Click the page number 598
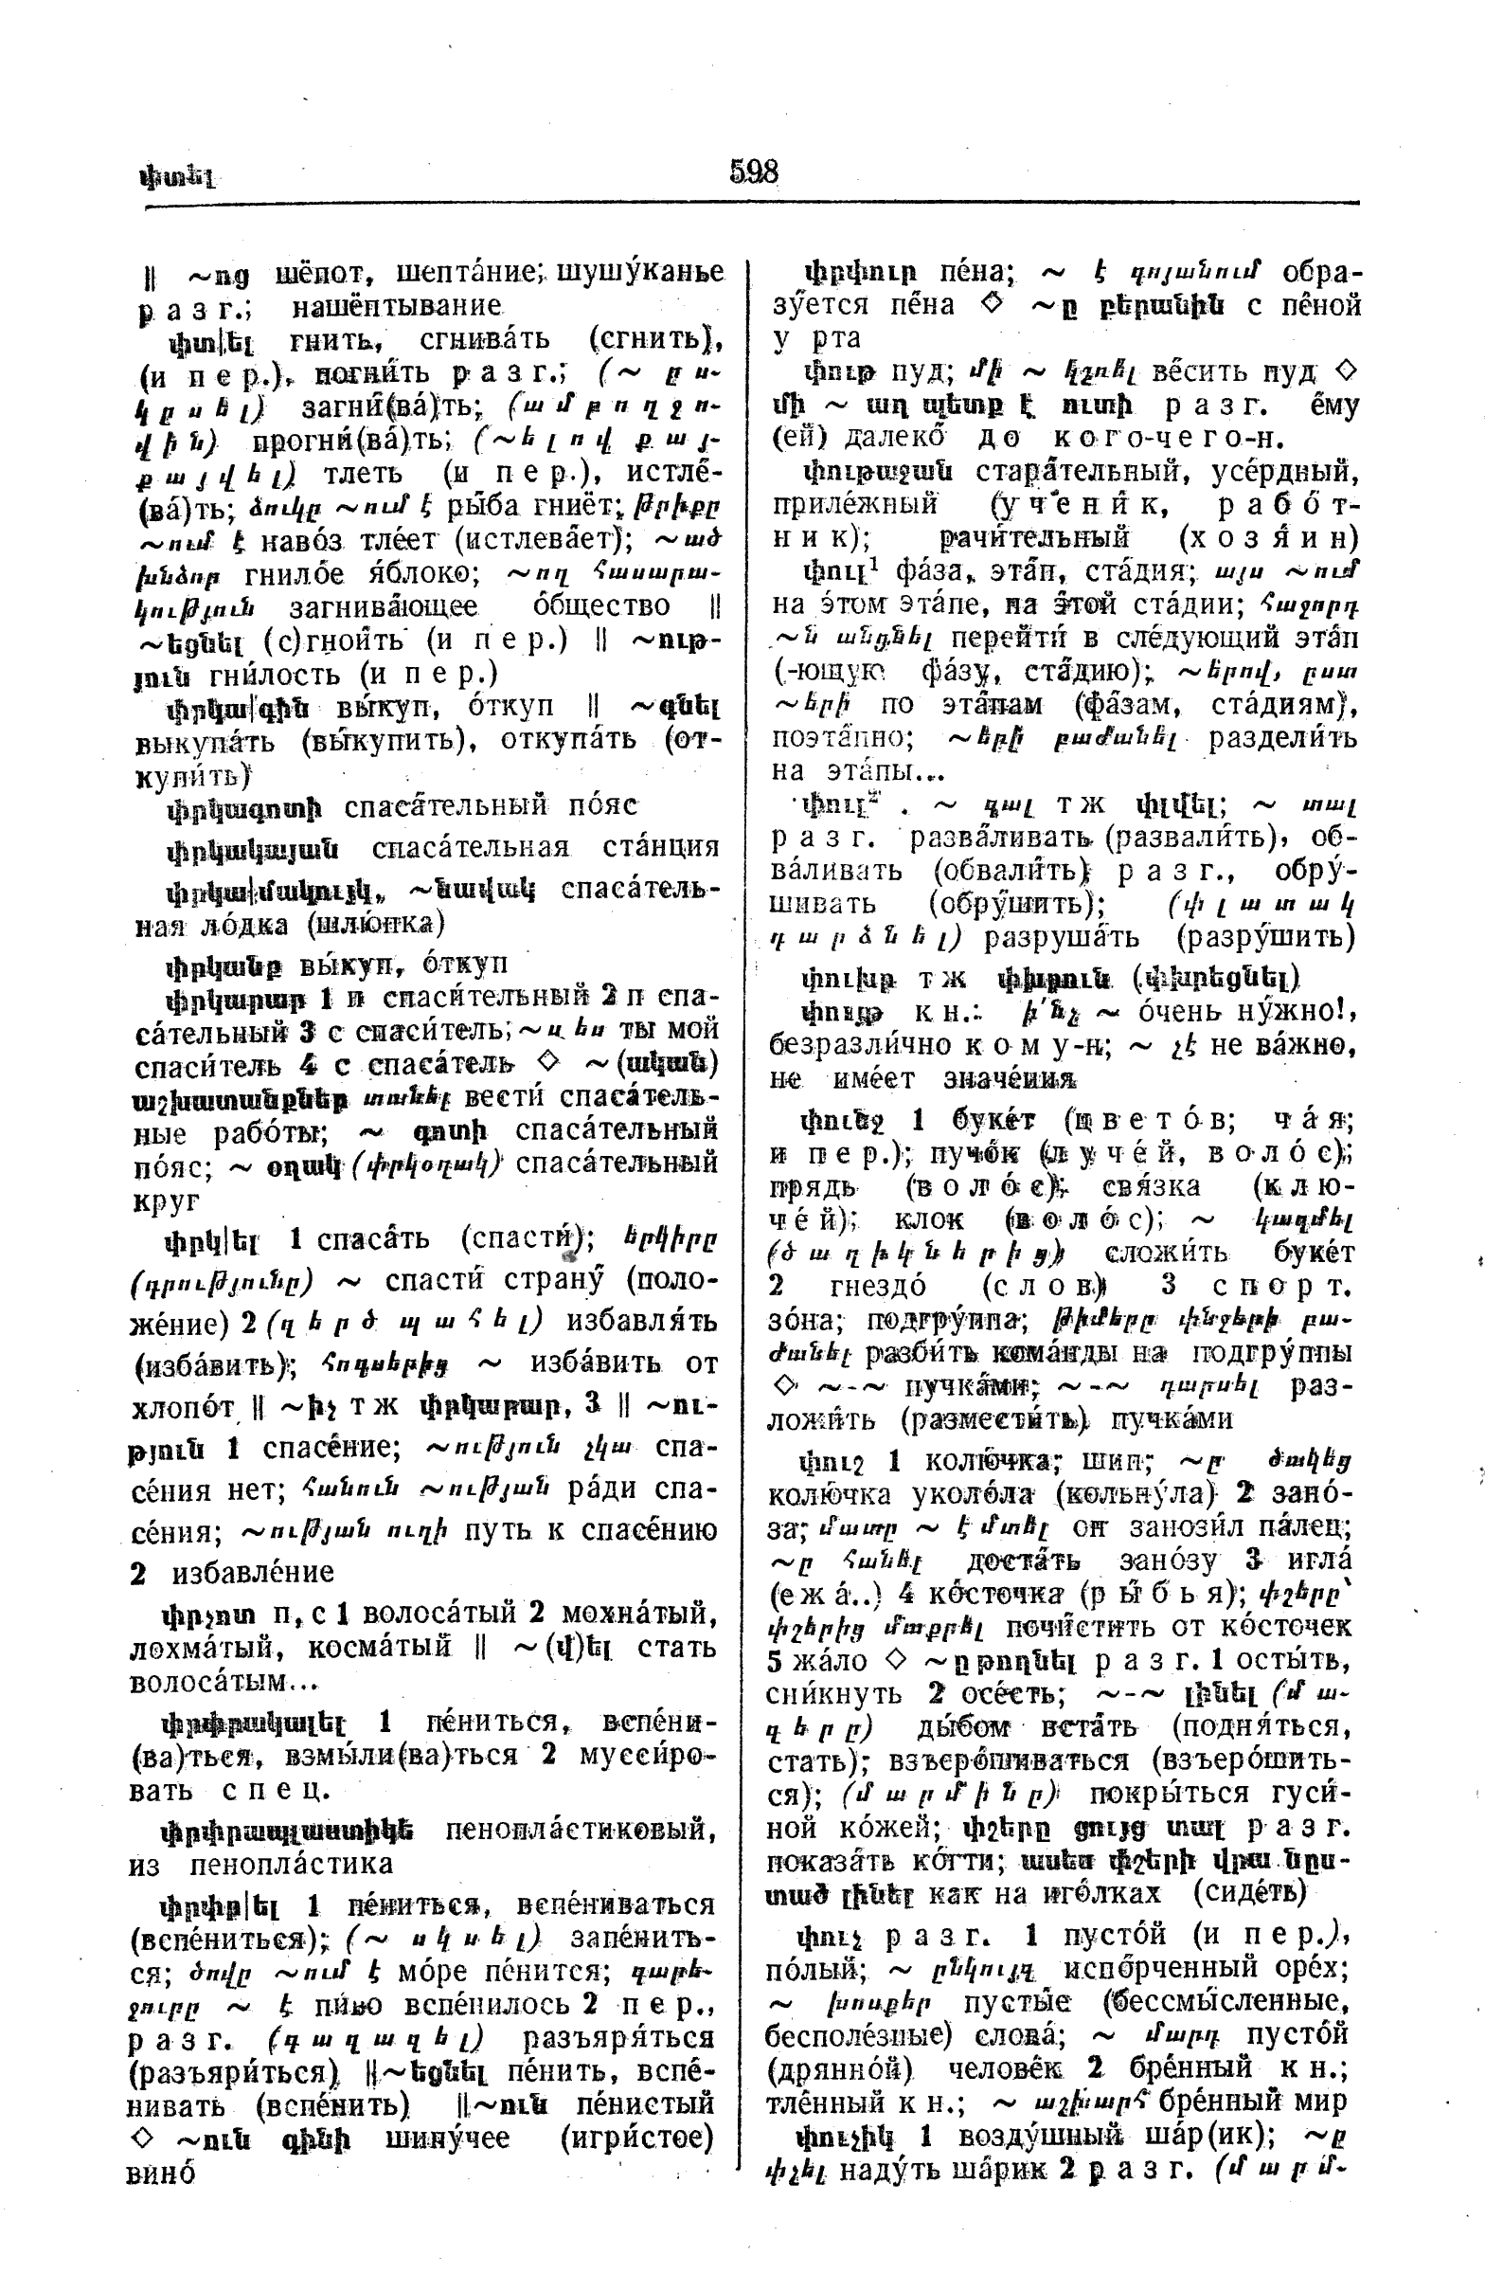pos(754,172)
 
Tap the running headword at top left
pos(178,178)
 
